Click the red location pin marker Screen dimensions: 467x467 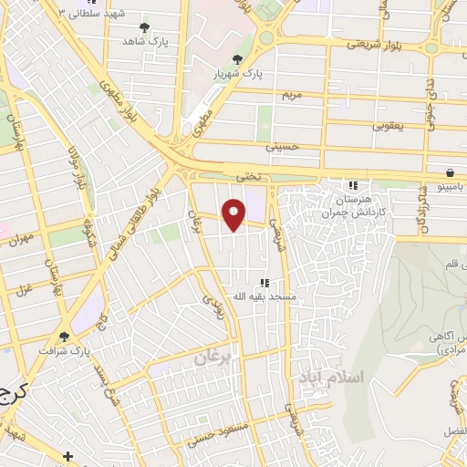(234, 213)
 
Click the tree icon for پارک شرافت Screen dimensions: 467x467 (64, 336)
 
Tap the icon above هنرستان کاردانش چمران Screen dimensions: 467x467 (352, 186)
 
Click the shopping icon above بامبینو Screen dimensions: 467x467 (450, 172)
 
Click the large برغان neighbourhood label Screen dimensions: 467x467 (213, 358)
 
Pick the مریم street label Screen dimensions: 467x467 (291, 94)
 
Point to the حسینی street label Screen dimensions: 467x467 (282, 145)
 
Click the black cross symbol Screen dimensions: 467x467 (67, 455)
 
